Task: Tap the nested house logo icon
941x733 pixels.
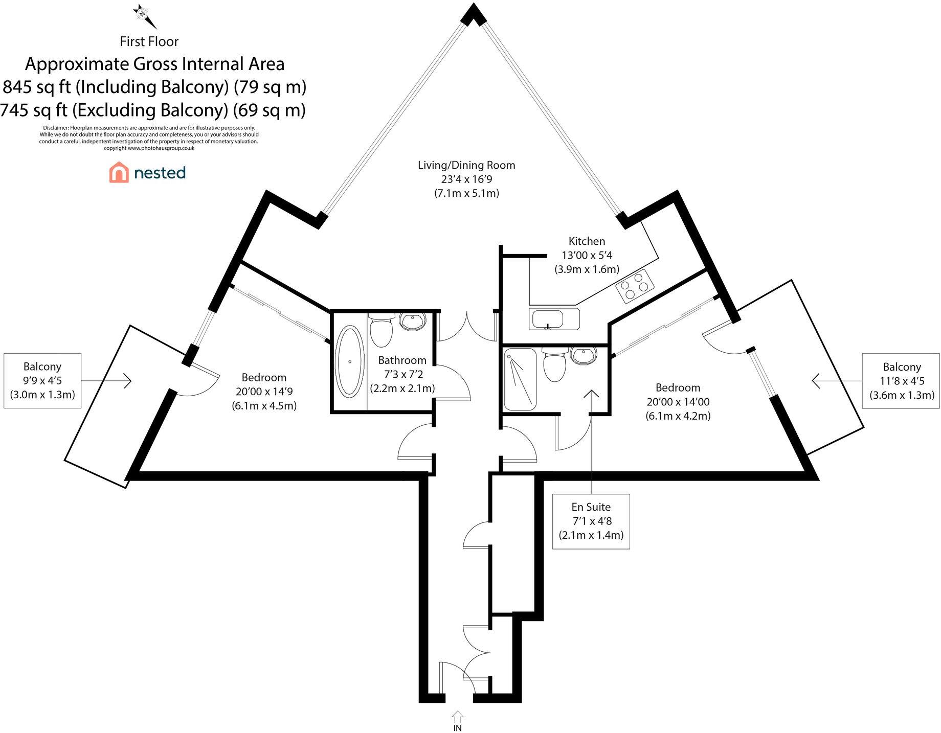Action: coord(119,173)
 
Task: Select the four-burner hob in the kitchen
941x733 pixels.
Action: coord(635,288)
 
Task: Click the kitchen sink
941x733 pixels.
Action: coord(548,319)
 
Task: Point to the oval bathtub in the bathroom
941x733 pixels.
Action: coord(350,361)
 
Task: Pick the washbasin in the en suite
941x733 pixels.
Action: coord(584,355)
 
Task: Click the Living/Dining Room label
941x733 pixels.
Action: coord(466,165)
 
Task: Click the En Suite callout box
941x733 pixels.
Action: coord(591,521)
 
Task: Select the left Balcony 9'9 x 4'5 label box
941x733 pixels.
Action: coord(42,380)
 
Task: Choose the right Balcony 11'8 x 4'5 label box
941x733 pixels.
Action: coord(901,381)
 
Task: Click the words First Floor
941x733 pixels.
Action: coord(149,41)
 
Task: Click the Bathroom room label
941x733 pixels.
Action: coord(402,360)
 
